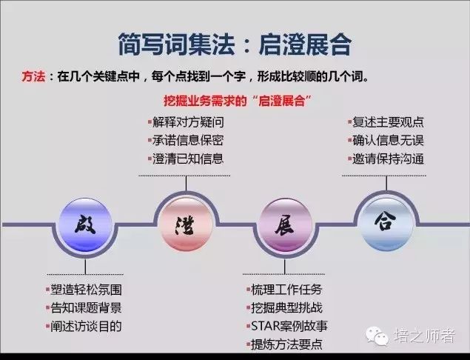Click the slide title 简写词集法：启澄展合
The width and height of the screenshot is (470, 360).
pos(235,44)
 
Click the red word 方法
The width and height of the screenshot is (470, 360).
pos(33,76)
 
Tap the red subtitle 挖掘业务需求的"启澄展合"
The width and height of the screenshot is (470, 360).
pos(237,101)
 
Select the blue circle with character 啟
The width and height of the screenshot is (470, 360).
pos(85,224)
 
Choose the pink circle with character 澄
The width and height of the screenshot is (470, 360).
pos(187,224)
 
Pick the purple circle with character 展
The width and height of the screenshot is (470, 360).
pos(285,224)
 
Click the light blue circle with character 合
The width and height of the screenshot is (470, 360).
pos(386,224)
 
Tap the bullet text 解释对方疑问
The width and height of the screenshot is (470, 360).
pos(188,122)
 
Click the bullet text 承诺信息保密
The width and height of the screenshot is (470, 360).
pos(188,141)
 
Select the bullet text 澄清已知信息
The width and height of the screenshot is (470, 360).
pos(188,159)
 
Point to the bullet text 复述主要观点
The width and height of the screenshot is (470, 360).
pos(388,122)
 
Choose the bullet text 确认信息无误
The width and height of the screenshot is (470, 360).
pos(388,141)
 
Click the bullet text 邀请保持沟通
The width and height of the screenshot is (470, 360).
pos(388,159)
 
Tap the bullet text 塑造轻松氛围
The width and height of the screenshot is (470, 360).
pos(86,290)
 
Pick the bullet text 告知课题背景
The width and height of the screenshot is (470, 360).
pos(86,308)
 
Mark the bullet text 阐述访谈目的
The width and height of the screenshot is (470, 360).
pos(86,327)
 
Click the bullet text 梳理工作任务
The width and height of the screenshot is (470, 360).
pos(286,290)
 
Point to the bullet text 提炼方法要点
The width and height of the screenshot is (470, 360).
pos(286,344)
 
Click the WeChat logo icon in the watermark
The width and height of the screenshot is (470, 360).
pos(377,336)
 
